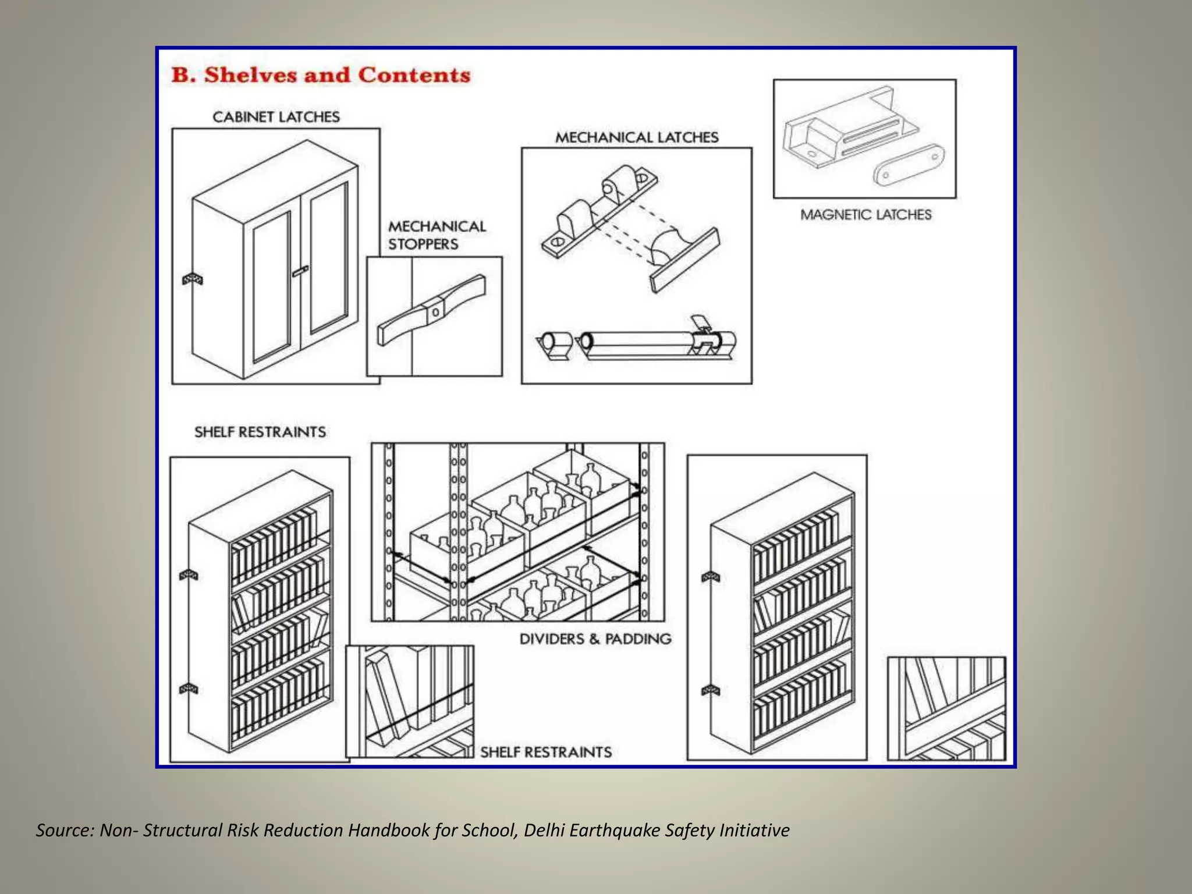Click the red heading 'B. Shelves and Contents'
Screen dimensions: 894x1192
(321, 75)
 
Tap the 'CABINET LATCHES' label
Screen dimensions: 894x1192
(276, 117)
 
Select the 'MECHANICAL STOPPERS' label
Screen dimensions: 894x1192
(437, 235)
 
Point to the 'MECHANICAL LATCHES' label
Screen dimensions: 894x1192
(637, 137)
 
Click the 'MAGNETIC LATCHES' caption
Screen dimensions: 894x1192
(865, 215)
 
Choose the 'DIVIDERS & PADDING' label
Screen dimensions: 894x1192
(595, 639)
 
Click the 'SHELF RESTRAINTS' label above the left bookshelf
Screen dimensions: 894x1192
(260, 432)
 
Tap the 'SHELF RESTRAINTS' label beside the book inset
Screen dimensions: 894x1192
(545, 752)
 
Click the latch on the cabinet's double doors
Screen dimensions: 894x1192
(300, 271)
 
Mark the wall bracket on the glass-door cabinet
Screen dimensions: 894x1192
(193, 279)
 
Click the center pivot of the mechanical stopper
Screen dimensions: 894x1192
(435, 312)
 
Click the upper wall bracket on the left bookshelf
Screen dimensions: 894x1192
(189, 575)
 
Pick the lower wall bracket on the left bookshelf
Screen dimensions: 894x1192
(189, 689)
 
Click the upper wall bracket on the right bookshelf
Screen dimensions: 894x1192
(711, 577)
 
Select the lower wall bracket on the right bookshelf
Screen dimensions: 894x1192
(711, 690)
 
